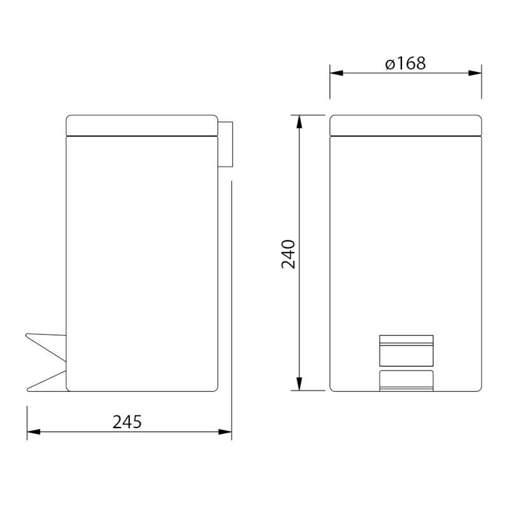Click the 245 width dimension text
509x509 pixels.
coord(127,421)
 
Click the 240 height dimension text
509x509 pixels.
coord(289,253)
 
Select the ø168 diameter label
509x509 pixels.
coord(405,63)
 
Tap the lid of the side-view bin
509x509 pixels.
coord(142,125)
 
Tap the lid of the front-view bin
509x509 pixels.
coord(405,125)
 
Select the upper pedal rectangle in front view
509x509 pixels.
coord(406,349)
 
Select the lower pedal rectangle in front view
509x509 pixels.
coord(406,380)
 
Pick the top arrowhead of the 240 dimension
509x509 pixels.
coord(299,122)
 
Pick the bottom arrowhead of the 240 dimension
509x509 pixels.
coord(299,384)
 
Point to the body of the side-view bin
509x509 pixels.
coord(142,254)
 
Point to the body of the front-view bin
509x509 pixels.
coord(405,242)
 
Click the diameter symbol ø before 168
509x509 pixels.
coord(390,64)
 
